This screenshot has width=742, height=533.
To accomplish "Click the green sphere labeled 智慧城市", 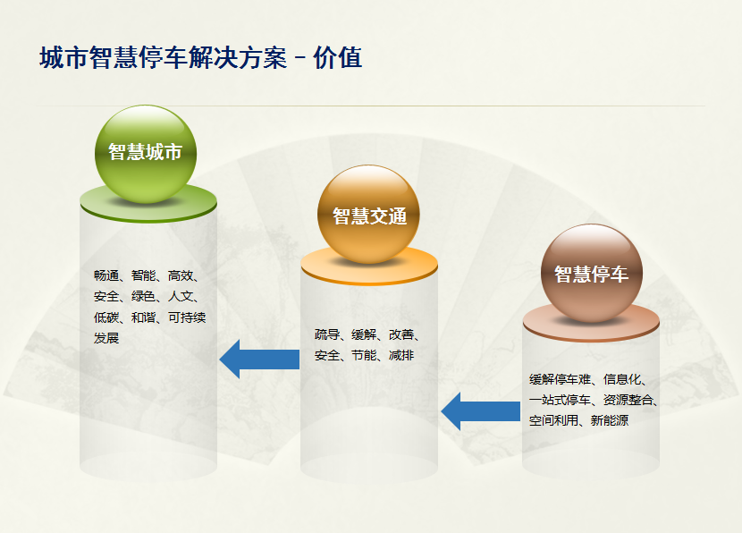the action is pyautogui.click(x=146, y=155).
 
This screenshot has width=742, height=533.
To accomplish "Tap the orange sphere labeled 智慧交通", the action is pyautogui.click(x=368, y=215).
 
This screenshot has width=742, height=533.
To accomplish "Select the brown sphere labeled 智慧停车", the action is pyautogui.click(x=592, y=274).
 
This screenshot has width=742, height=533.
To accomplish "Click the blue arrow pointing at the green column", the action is pyautogui.click(x=259, y=360).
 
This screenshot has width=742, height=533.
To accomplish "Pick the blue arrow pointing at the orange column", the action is pyautogui.click(x=481, y=411).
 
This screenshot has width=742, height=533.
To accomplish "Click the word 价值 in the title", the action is pyautogui.click(x=338, y=58).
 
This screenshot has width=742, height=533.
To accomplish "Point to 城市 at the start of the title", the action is pyautogui.click(x=63, y=58).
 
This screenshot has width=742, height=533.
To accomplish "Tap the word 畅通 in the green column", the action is pyautogui.click(x=106, y=275).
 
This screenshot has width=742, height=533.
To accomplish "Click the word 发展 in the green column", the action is pyautogui.click(x=106, y=338).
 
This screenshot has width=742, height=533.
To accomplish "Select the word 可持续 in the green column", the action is pyautogui.click(x=187, y=317).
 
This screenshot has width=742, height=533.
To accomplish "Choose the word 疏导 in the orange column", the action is pyautogui.click(x=327, y=334).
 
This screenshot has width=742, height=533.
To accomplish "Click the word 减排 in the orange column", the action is pyautogui.click(x=401, y=355).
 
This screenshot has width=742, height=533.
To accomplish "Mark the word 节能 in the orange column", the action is pyautogui.click(x=364, y=355).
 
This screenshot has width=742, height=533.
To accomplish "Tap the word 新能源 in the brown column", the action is pyautogui.click(x=610, y=420).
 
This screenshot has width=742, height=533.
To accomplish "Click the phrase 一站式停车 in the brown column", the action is pyautogui.click(x=561, y=400).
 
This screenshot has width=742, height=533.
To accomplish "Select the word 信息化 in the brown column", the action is pyautogui.click(x=622, y=379).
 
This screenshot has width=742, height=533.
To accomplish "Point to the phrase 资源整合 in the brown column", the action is pyautogui.click(x=628, y=400).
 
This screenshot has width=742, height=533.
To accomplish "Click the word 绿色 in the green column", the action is pyautogui.click(x=144, y=296).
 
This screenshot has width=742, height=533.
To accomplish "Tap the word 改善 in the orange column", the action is pyautogui.click(x=401, y=334).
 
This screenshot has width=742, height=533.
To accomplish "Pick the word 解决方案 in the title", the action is pyautogui.click(x=237, y=58).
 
